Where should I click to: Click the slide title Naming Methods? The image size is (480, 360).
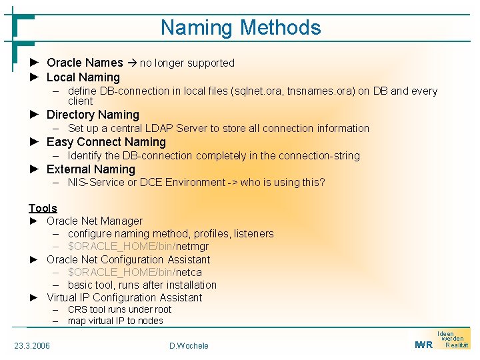click(x=241, y=28)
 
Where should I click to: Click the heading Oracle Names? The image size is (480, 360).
click(x=85, y=63)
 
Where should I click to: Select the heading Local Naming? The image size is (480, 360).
click(x=83, y=77)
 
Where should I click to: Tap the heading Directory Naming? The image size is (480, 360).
click(x=93, y=115)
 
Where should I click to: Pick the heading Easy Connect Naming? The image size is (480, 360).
click(x=106, y=142)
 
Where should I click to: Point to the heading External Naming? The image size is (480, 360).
click(x=91, y=169)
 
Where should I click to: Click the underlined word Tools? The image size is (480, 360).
click(x=43, y=208)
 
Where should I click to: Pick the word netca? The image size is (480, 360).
click(x=189, y=272)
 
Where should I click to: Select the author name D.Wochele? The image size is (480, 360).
click(x=189, y=345)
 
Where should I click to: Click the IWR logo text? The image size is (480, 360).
click(x=423, y=345)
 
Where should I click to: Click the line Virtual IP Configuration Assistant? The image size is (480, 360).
click(x=124, y=297)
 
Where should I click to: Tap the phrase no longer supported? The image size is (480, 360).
click(x=187, y=63)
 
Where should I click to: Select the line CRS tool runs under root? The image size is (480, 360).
click(x=119, y=309)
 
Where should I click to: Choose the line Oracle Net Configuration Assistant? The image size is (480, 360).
click(x=128, y=259)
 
